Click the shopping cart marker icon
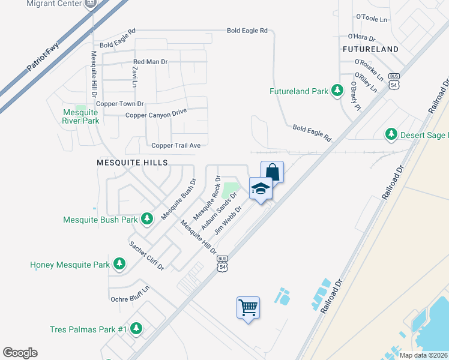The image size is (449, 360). [249, 308]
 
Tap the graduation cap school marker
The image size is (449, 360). [261, 189]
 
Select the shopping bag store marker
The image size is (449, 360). [272, 172]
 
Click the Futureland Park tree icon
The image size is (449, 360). [337, 91]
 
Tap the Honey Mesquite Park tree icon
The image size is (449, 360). [119, 264]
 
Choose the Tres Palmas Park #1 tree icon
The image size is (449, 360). [136, 329]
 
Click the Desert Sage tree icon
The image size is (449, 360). [391, 134]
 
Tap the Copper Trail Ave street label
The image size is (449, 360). [176, 145]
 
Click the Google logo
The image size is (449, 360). [20, 353]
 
